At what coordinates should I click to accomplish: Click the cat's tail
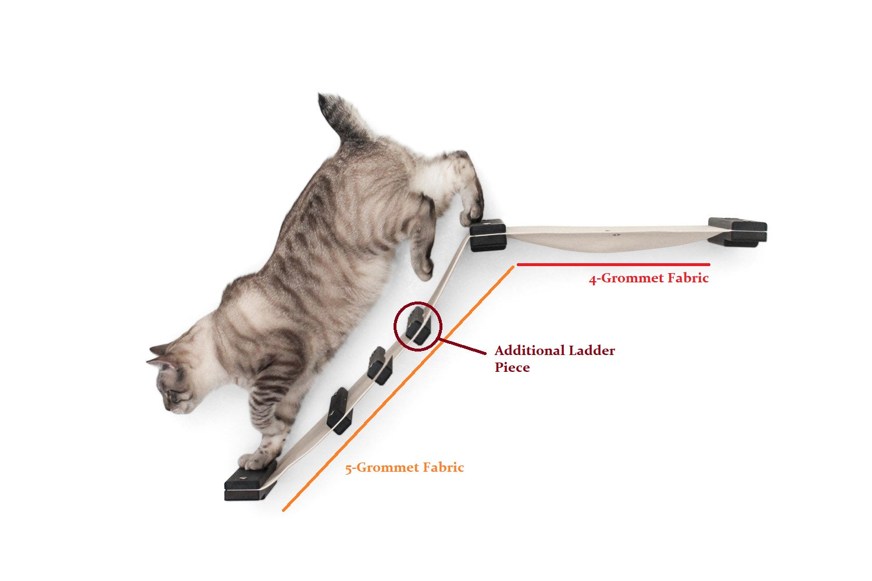(x=341, y=117)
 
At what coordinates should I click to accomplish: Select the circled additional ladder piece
(x=419, y=326)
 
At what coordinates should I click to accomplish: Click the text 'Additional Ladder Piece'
(x=555, y=358)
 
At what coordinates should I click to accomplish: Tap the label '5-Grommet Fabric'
(x=405, y=467)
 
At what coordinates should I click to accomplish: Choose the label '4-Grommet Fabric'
(x=649, y=278)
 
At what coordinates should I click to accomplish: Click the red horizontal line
(x=613, y=264)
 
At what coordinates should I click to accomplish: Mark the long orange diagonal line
(x=398, y=388)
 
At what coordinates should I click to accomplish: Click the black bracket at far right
(x=737, y=232)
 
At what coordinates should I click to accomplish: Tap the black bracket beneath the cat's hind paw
(x=488, y=235)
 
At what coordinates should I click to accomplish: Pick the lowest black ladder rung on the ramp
(x=339, y=411)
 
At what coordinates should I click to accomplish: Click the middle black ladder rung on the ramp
(x=380, y=366)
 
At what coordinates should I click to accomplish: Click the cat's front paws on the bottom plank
(x=258, y=460)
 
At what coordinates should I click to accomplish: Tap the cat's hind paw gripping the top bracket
(x=472, y=214)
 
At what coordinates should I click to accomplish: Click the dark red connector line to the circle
(x=463, y=347)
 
